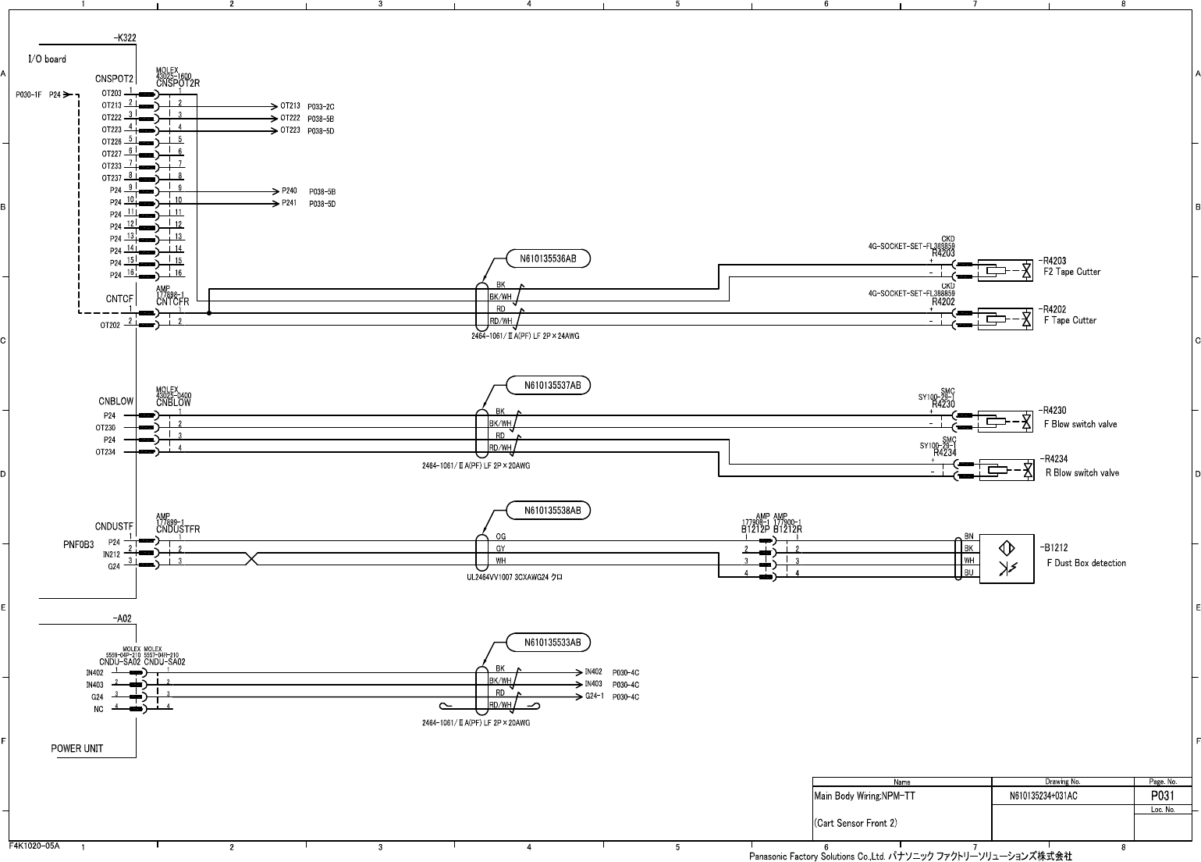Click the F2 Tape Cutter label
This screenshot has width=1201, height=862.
click(1072, 272)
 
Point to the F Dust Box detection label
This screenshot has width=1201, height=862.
click(1086, 563)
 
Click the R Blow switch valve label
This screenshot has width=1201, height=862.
click(1082, 473)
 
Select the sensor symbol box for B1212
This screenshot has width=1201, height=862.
click(1006, 557)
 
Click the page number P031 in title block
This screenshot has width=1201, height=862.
click(1162, 796)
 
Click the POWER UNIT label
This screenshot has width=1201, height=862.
click(77, 749)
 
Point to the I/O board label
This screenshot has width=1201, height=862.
click(48, 59)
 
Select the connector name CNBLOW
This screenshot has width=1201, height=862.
click(115, 401)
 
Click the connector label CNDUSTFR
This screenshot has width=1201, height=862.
click(178, 529)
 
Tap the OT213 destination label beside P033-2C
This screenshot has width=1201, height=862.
click(290, 106)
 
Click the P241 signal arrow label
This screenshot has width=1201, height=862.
click(290, 204)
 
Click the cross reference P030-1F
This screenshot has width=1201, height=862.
click(28, 94)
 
